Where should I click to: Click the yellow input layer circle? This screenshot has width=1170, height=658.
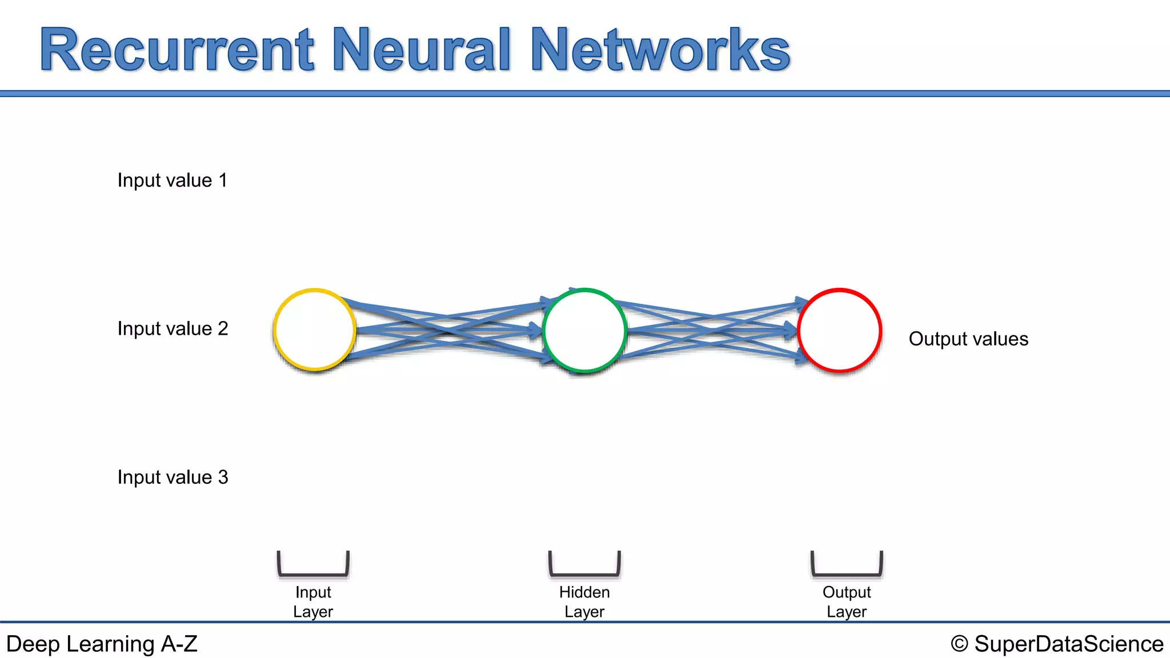(x=314, y=330)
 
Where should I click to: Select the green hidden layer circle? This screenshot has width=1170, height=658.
(x=584, y=330)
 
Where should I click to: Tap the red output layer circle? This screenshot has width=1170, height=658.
(x=839, y=330)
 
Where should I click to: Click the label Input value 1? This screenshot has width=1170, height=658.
(x=172, y=180)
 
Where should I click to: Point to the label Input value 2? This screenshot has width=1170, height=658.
(x=173, y=329)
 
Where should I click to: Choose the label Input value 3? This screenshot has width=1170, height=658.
(x=173, y=478)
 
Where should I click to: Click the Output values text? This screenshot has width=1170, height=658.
(x=968, y=339)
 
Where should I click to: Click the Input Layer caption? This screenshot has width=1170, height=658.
(x=313, y=601)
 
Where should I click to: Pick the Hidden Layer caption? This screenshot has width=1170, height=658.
(x=584, y=601)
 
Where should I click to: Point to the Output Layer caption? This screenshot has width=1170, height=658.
(x=847, y=601)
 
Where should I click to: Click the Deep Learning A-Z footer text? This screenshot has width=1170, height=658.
(x=102, y=644)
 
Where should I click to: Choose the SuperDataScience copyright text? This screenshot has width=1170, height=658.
(x=1068, y=644)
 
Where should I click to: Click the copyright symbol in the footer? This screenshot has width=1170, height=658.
(x=959, y=644)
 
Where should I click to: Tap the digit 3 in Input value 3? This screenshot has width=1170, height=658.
(x=223, y=477)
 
